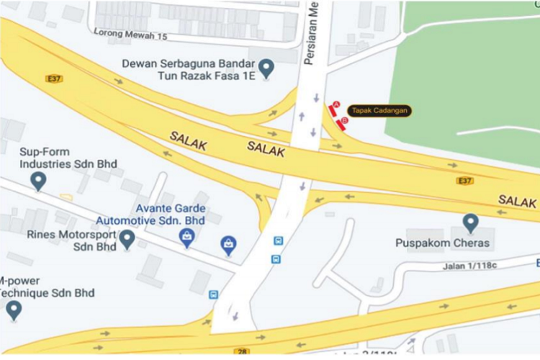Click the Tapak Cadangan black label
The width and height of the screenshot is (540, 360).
[x=380, y=111]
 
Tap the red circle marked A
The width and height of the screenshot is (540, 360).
[x=336, y=105]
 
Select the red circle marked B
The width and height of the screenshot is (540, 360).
[x=344, y=122]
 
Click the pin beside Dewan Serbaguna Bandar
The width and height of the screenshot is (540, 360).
[x=266, y=69]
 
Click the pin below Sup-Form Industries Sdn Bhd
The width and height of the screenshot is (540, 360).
[x=38, y=181]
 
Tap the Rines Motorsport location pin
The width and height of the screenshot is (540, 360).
[x=127, y=238]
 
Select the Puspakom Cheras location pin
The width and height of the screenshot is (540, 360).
[x=471, y=222]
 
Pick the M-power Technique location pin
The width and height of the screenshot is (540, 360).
[x=14, y=310]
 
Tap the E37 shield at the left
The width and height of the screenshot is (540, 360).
[x=53, y=78]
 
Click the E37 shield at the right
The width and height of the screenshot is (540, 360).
[x=465, y=181]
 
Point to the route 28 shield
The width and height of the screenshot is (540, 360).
[x=243, y=351]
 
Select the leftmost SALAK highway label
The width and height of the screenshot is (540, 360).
[x=189, y=140]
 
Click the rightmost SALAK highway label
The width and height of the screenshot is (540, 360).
[x=518, y=199]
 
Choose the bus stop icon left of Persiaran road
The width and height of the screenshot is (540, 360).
[x=214, y=294]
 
